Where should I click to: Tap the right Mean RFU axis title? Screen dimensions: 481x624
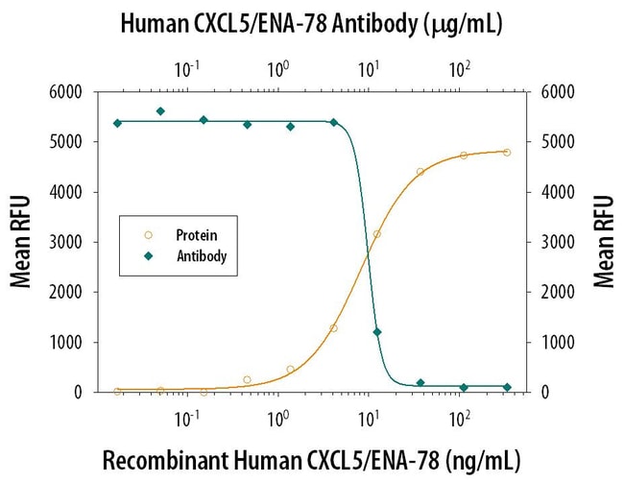[603, 241]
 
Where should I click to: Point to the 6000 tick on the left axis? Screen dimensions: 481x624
[67, 92]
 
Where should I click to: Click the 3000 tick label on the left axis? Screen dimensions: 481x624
[67, 242]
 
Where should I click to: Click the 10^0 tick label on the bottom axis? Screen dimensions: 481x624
[278, 420]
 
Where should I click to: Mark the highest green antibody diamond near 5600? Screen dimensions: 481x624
[160, 111]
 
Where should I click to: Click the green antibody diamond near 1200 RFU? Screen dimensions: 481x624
[377, 332]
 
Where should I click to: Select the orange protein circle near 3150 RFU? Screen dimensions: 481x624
[377, 234]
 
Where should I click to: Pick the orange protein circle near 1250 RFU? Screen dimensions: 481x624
[333, 328]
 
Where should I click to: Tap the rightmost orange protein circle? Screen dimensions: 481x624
[507, 153]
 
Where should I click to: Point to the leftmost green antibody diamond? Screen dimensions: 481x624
[117, 123]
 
